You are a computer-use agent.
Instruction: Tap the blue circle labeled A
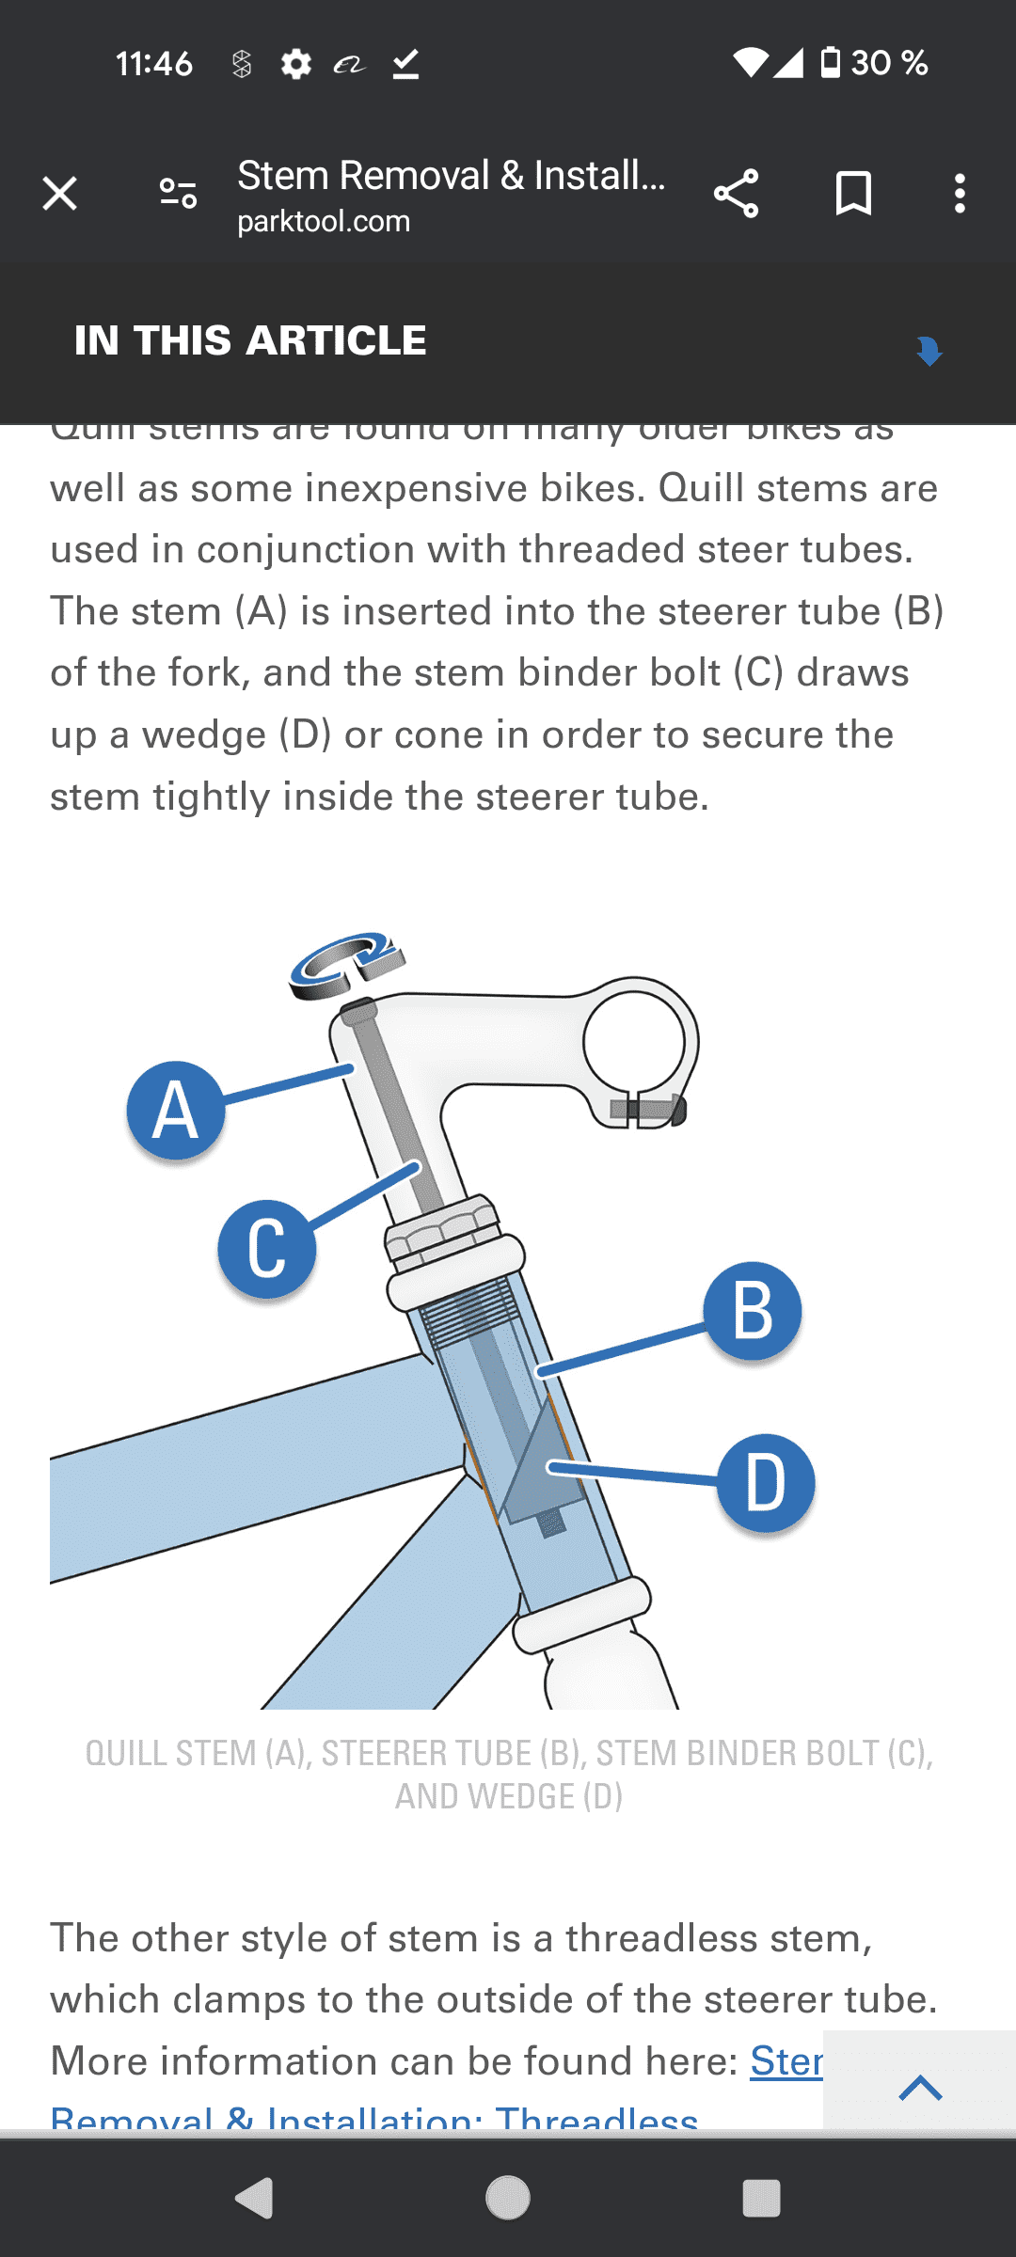pos(176,1111)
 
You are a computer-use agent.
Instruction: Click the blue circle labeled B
pos(753,1311)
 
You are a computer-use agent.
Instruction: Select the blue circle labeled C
pos(267,1249)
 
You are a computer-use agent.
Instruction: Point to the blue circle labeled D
pos(766,1483)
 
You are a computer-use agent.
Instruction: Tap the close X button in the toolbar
pos(60,194)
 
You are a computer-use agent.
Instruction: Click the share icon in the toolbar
pos(736,194)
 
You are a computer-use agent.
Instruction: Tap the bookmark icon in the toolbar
pos(853,194)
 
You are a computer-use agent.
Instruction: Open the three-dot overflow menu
pos(960,194)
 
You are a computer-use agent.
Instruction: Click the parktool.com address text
pos(324,222)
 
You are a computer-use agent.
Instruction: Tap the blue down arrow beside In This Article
pos(929,350)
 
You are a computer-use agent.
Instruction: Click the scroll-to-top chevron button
pos(920,2088)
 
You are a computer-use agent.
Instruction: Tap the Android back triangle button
pos(254,2199)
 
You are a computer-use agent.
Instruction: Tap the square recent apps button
pos(761,2199)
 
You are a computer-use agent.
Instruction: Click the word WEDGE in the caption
pos(484,1796)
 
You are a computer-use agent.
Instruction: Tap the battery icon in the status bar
pos(830,62)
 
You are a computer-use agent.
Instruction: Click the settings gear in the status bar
pos(295,64)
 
